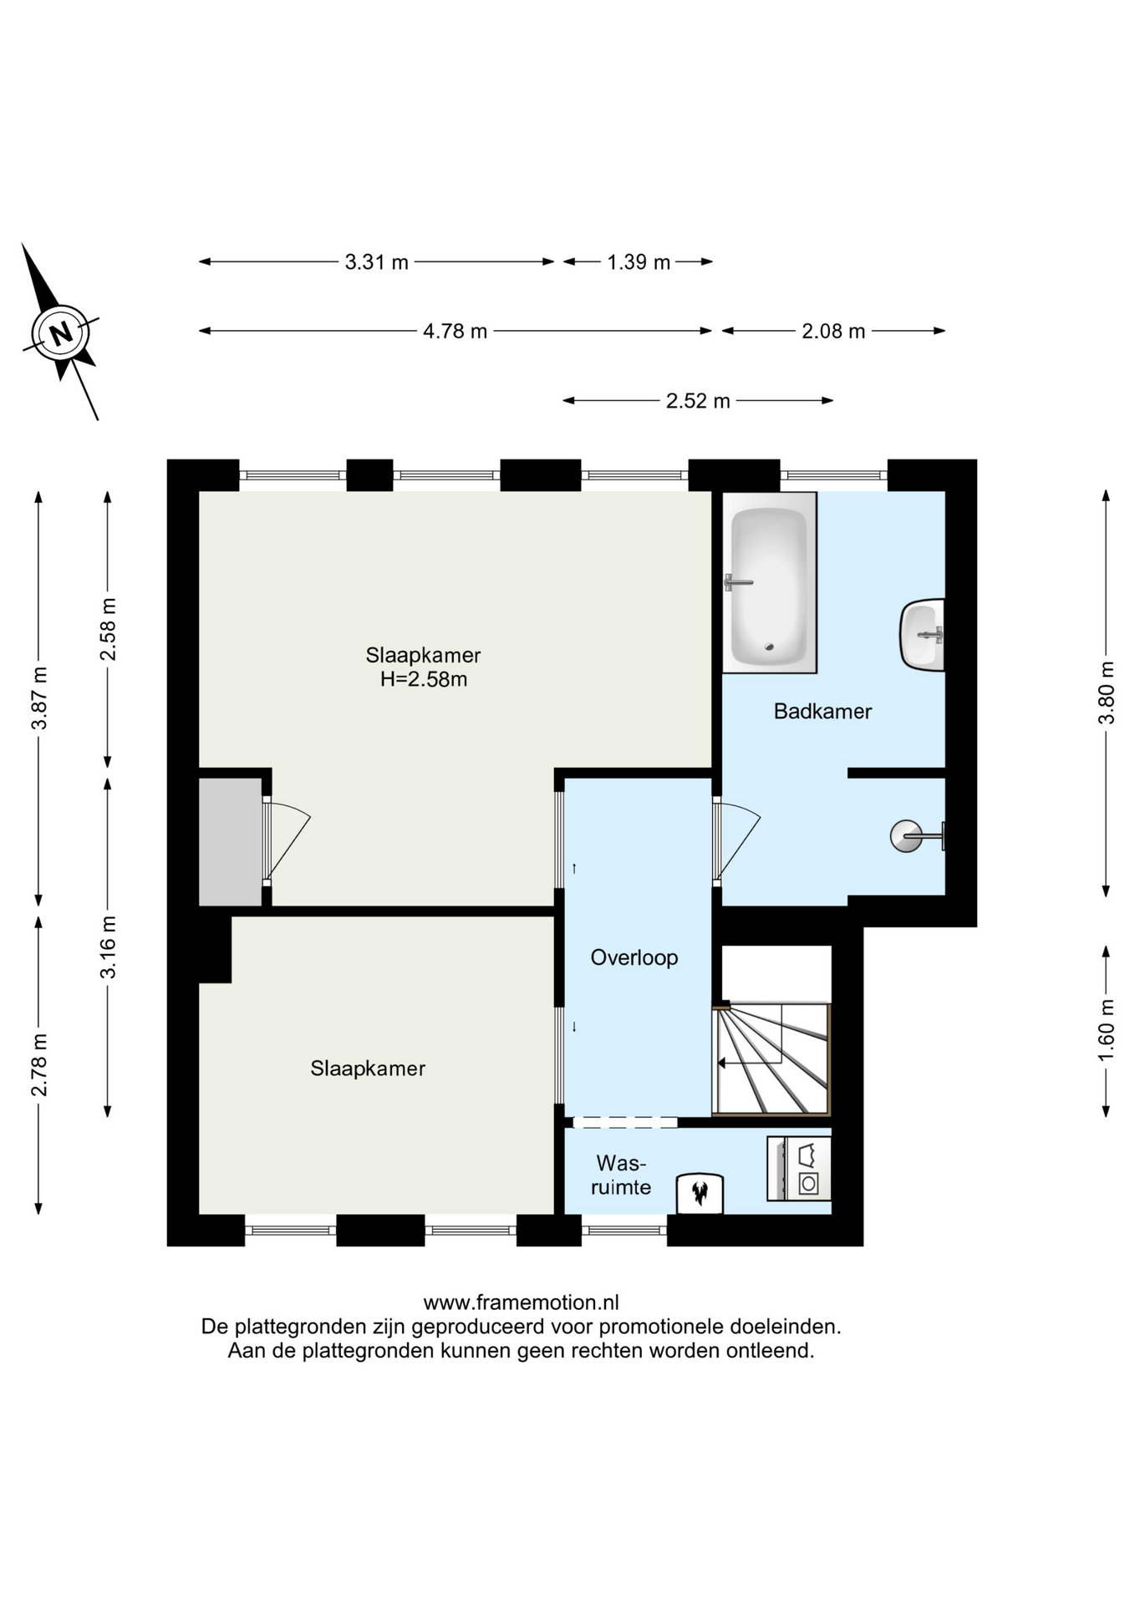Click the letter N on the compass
tap(60, 334)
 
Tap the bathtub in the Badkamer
tap(769, 582)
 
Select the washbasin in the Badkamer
tap(923, 635)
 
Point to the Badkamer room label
tap(822, 712)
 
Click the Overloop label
tap(634, 957)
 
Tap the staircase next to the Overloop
tap(771, 1058)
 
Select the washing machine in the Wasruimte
tap(799, 1169)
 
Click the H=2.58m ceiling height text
tap(424, 679)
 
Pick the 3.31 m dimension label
tap(377, 262)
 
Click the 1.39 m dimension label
tap(639, 262)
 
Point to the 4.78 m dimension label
tap(455, 332)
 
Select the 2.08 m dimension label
tap(833, 332)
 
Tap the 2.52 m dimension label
tap(698, 401)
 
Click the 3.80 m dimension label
tap(1107, 693)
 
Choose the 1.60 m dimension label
tap(1107, 1030)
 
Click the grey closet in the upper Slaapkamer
tap(231, 841)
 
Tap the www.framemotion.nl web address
tap(522, 1302)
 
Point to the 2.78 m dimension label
tap(39, 1065)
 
